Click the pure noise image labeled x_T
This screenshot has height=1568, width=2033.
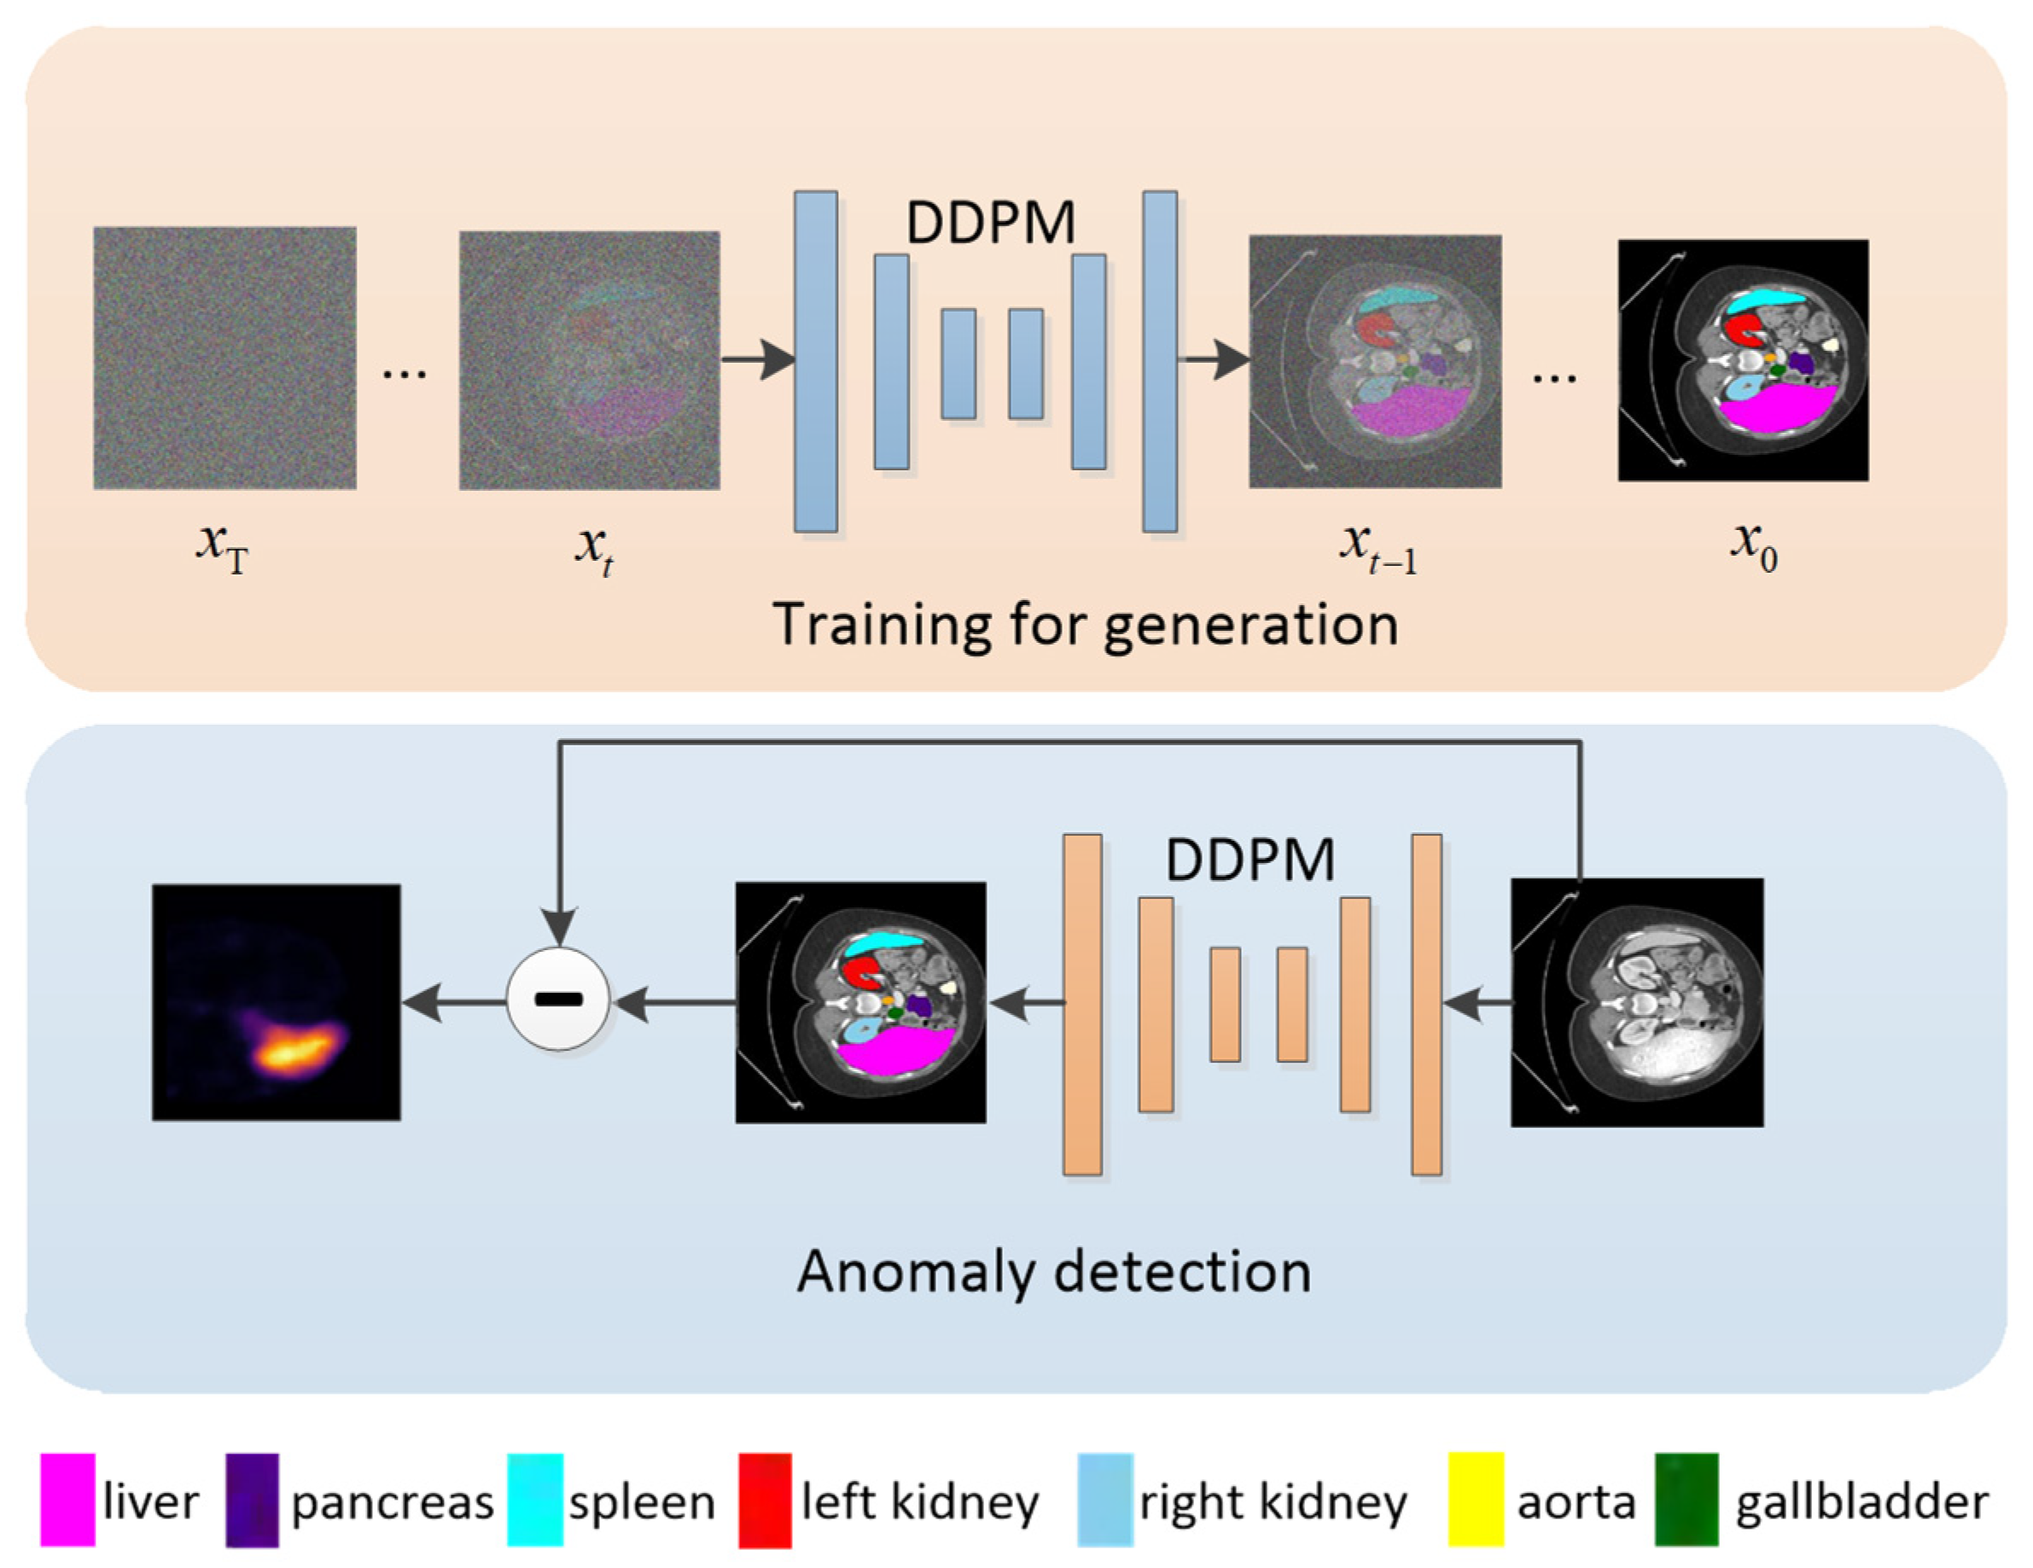[224, 358]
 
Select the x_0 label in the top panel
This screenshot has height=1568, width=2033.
[1754, 546]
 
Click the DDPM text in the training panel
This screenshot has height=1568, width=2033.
[989, 224]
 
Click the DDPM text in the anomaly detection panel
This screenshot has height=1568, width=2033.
[1250, 860]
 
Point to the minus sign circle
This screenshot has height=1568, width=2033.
[557, 999]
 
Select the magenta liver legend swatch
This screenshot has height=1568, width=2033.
[67, 1500]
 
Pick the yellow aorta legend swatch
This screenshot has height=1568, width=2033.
[1476, 1500]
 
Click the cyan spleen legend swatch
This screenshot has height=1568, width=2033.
[534, 1500]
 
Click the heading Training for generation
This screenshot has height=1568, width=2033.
[1085, 624]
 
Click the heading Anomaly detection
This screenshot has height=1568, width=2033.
[1054, 1272]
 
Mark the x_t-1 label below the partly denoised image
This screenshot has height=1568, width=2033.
[1378, 549]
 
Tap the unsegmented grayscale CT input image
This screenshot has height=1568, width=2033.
[1636, 1003]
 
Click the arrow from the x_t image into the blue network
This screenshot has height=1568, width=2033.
[757, 359]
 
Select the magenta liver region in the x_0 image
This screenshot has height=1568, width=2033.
[1774, 410]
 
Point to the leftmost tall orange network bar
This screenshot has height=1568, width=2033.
[1081, 1004]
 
